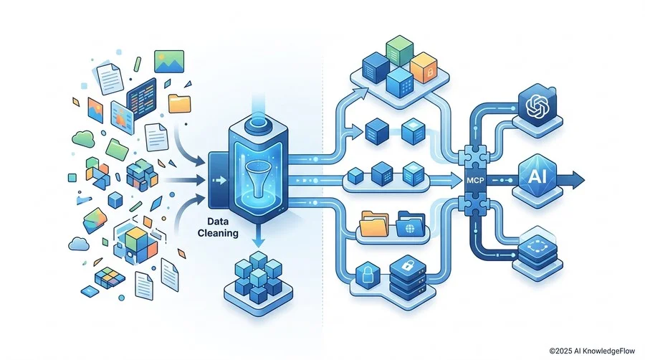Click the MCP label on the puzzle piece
(x=476, y=180)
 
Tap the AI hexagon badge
(x=537, y=176)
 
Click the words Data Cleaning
(x=218, y=227)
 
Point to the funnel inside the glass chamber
(x=256, y=178)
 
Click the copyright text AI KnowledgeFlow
(x=592, y=351)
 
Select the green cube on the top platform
(x=399, y=51)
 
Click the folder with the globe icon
(x=411, y=224)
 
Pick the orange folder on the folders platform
(x=374, y=224)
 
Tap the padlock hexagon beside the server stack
(x=367, y=275)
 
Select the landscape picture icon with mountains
(x=169, y=61)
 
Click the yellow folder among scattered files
(x=180, y=104)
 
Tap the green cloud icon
(x=84, y=138)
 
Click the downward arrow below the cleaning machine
(x=258, y=237)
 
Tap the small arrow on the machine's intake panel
(x=221, y=180)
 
